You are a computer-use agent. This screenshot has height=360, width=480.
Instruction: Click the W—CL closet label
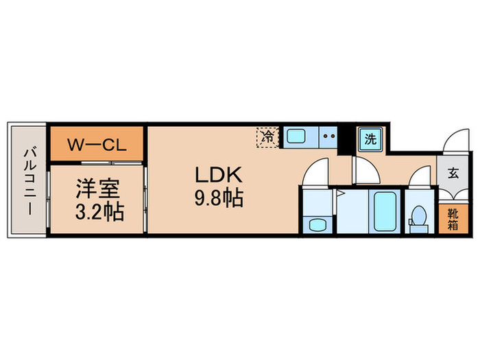[96, 145]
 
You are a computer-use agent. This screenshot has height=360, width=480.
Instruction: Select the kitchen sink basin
[298, 136]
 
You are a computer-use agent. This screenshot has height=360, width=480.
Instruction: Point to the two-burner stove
[328, 136]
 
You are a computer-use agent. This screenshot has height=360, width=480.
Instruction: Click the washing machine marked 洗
[370, 140]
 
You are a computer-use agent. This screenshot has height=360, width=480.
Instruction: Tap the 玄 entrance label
[453, 173]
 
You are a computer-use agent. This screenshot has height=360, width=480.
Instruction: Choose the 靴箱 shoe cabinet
[453, 219]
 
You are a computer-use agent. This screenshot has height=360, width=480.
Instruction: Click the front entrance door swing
[453, 141]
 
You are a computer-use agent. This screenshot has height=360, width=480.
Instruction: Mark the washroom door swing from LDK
[316, 173]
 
